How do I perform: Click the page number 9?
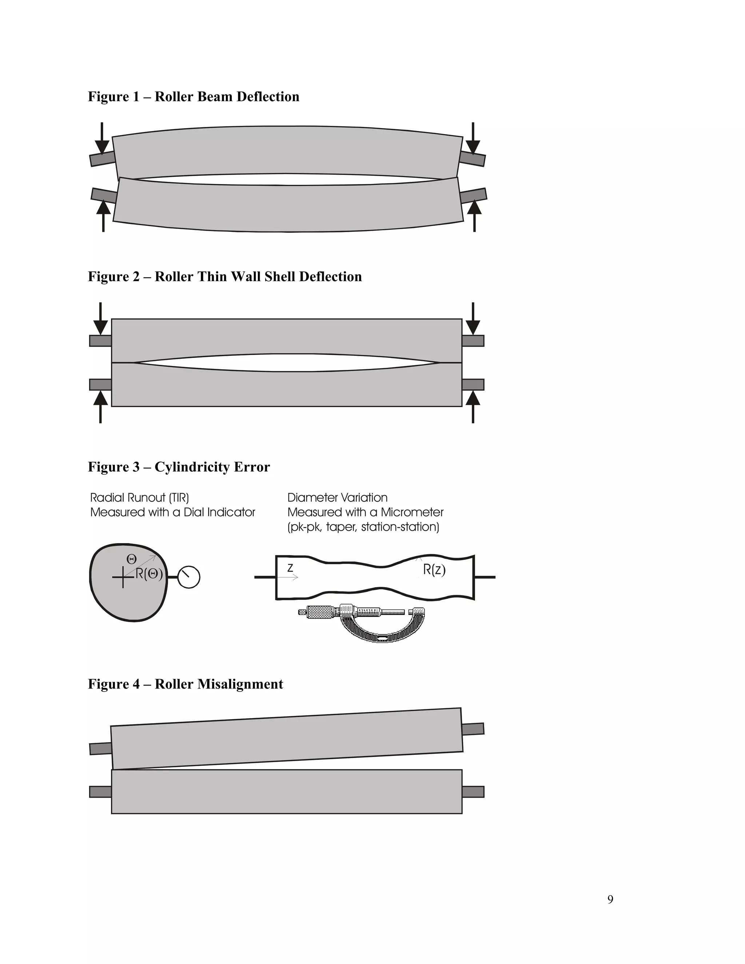tap(610, 899)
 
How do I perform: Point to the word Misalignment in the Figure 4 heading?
tap(240, 684)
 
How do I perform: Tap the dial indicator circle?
tap(189, 577)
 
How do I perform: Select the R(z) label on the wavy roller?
tap(434, 570)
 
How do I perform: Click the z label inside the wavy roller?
tap(290, 568)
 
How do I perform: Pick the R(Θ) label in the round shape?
tap(149, 574)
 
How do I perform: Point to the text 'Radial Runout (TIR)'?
tap(139, 498)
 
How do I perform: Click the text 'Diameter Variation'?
tap(337, 498)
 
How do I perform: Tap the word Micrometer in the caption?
tap(412, 513)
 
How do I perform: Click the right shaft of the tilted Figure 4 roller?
tap(473, 729)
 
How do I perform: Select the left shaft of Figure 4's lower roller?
tap(100, 792)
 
